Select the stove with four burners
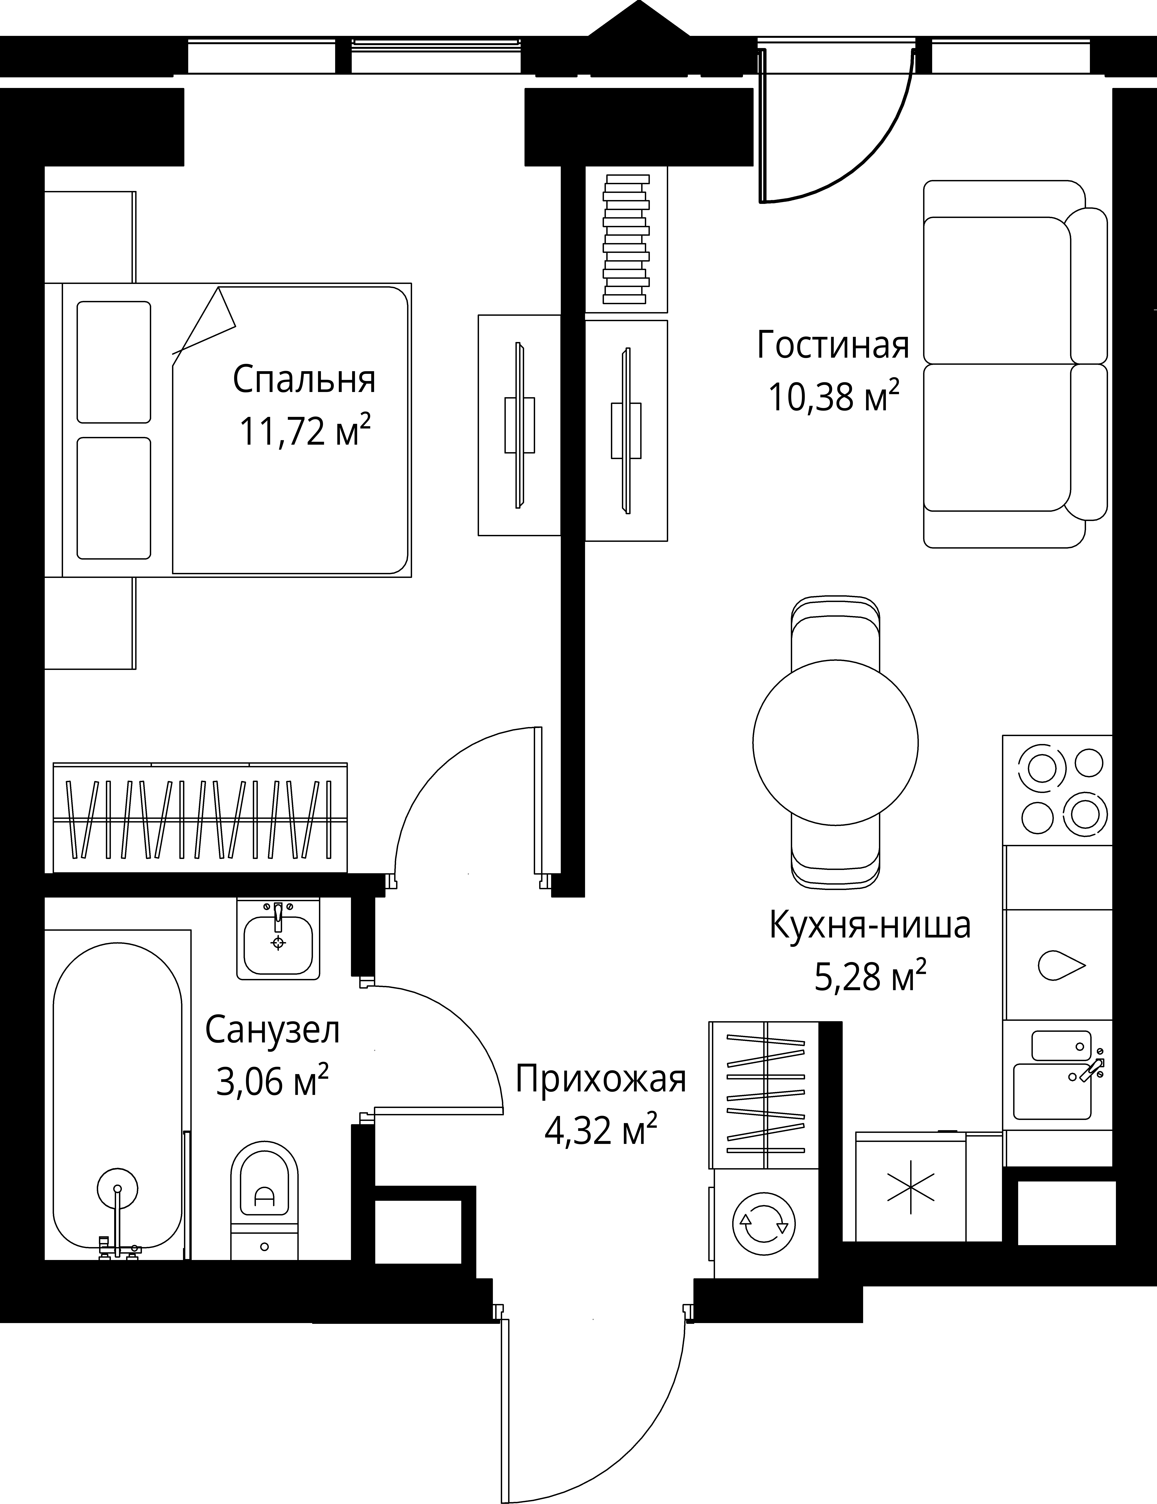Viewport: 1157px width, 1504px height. [x=1057, y=790]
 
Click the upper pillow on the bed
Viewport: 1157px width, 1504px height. [x=114, y=362]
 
